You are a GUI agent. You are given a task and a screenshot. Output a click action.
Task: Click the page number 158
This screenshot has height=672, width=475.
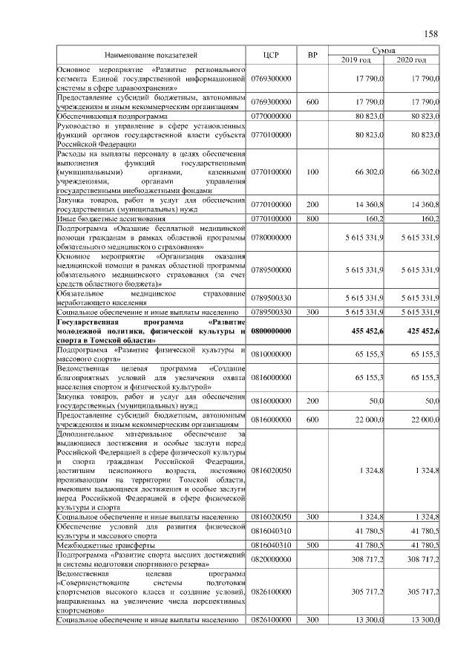[431, 33]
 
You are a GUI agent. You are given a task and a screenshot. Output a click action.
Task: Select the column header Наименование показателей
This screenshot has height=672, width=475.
[151, 56]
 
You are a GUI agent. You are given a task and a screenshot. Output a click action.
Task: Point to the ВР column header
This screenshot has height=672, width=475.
[312, 56]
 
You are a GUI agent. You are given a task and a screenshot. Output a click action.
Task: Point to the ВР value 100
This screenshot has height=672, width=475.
[312, 172]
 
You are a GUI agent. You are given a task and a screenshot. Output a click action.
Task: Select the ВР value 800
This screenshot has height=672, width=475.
[312, 219]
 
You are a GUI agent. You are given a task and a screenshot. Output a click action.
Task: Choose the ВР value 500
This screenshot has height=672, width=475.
[312, 545]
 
